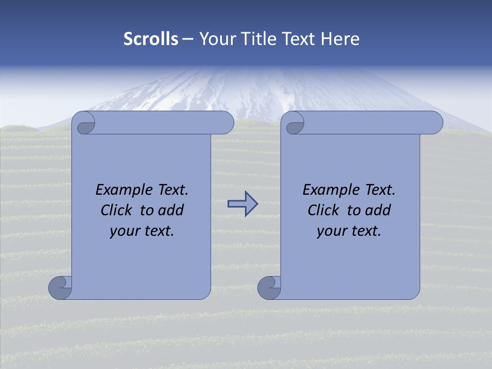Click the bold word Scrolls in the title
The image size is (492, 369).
point(151,39)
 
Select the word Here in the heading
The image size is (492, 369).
point(340,39)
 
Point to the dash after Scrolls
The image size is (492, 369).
point(188,39)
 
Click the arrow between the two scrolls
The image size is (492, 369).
point(242,204)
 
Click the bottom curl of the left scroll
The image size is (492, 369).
point(60,287)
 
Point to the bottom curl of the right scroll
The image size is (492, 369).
point(269,287)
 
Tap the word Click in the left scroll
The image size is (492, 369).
point(112,210)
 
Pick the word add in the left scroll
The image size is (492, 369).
point(170,210)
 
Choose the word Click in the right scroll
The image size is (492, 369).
point(319,210)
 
